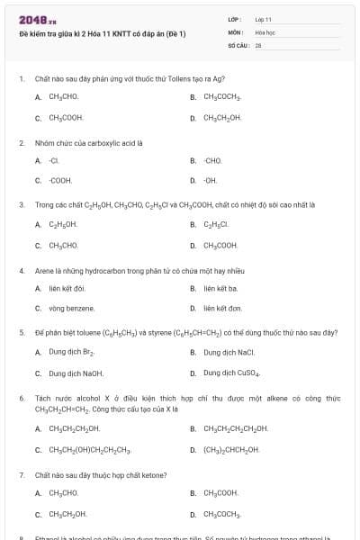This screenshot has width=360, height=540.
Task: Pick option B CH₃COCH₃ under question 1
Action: pyautogui.click(x=221, y=96)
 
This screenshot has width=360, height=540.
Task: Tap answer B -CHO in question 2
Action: pyautogui.click(x=211, y=160)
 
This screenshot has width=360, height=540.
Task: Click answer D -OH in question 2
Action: pyautogui.click(x=211, y=180)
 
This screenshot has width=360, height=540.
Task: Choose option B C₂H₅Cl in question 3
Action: pyautogui.click(x=217, y=224)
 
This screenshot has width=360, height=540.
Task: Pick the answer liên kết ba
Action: pyautogui.click(x=220, y=288)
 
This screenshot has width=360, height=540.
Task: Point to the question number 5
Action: pyautogui.click(x=21, y=332)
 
